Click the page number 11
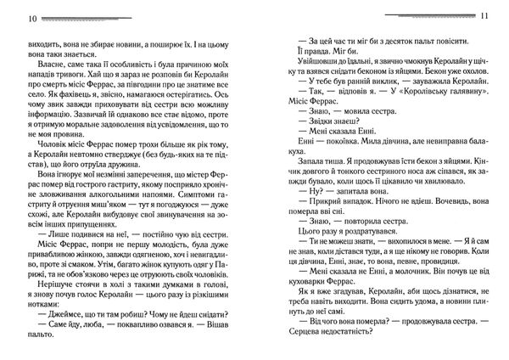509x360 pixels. [x=497, y=18]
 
